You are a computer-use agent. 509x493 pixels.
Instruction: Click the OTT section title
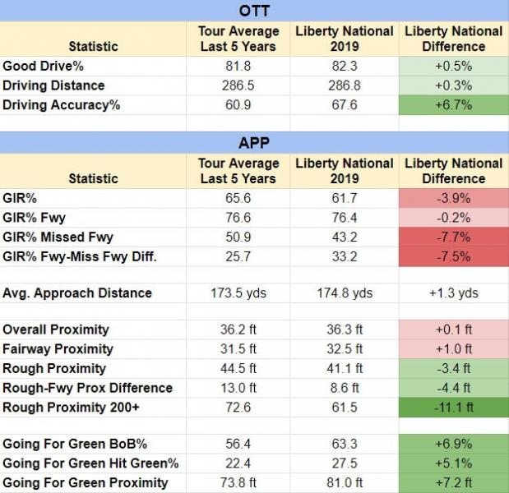[x=254, y=11]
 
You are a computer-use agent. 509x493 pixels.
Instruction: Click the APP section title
[x=254, y=143]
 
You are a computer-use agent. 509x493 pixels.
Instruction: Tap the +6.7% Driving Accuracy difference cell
[x=453, y=105]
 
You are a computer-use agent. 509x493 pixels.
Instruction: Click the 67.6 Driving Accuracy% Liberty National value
[x=344, y=105]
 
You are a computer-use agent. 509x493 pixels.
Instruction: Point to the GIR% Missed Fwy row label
[x=58, y=237]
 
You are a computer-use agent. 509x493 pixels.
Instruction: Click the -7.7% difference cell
[x=453, y=237]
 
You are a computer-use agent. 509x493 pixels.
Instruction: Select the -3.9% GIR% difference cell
[x=453, y=198]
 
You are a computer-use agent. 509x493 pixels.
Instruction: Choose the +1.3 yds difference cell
[x=453, y=293]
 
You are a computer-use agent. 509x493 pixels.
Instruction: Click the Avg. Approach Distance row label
[x=77, y=293]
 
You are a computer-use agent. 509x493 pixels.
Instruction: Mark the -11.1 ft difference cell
[x=453, y=408]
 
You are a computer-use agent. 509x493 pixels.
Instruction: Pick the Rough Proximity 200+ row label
[x=69, y=408]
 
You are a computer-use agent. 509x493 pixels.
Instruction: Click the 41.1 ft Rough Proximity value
[x=344, y=368]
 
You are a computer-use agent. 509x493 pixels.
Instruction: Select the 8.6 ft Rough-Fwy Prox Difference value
[x=344, y=388]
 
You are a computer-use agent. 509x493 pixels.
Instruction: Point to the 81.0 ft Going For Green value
[x=344, y=483]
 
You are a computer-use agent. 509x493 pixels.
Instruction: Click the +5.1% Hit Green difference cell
[x=453, y=463]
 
